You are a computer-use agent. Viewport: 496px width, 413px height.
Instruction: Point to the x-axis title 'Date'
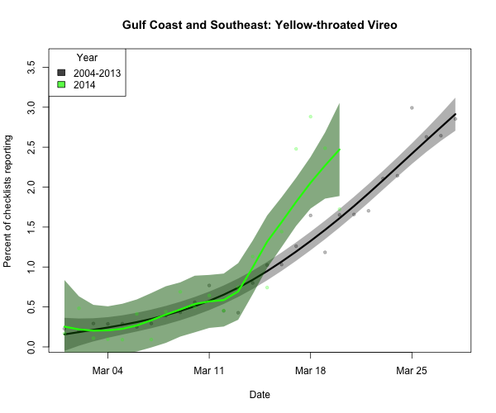tap(259, 395)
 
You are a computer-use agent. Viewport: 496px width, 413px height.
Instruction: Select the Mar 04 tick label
tap(107, 371)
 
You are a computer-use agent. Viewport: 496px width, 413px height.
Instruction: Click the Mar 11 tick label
tap(209, 371)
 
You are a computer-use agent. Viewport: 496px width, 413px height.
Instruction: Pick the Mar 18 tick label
tap(310, 371)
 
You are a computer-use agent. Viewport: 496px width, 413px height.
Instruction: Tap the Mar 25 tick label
tap(411, 371)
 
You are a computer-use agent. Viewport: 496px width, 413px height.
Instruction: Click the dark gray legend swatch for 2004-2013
tap(62, 74)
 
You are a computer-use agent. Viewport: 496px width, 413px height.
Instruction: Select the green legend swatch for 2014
tap(62, 85)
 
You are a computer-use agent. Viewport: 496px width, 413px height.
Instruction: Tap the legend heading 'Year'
tap(87, 58)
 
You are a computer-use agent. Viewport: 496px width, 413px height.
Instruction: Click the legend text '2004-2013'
tap(97, 74)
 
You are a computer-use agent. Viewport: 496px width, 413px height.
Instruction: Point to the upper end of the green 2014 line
tap(339, 150)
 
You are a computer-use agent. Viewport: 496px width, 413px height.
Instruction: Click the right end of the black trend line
tap(455, 115)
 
